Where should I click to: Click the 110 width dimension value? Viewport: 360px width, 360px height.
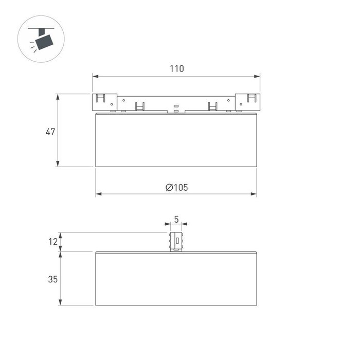(x=176, y=68)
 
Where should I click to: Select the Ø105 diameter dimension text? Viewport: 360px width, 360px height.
(x=176, y=187)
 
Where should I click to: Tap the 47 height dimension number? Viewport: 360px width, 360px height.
(x=50, y=132)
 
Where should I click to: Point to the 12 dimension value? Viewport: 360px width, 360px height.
(x=53, y=242)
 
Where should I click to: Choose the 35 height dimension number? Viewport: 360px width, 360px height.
(x=52, y=279)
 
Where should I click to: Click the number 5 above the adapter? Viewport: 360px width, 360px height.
(x=176, y=219)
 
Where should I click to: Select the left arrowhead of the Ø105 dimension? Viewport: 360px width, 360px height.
(x=98, y=194)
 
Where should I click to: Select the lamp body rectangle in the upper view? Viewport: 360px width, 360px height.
(x=176, y=139)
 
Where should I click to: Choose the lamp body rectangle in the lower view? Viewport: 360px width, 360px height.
(x=176, y=278)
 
